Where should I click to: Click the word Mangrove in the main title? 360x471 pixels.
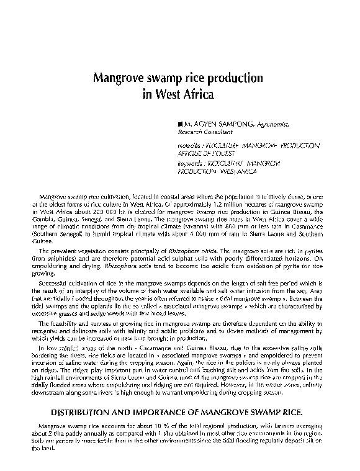tap(119, 79)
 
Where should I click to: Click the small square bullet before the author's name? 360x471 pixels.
tap(180, 125)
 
